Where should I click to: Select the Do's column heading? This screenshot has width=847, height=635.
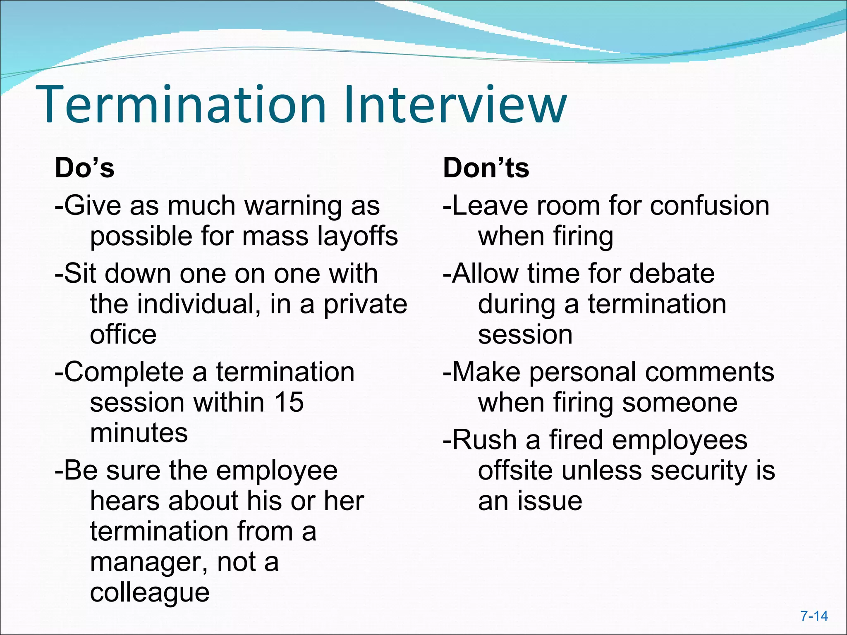tap(85, 168)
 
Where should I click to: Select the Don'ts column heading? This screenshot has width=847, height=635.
tap(486, 168)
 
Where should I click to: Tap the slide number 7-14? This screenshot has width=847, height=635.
tap(814, 616)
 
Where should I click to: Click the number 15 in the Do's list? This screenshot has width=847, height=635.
tap(289, 402)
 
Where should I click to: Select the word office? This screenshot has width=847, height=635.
tap(123, 334)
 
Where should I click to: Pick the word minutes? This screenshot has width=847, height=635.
tap(139, 433)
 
